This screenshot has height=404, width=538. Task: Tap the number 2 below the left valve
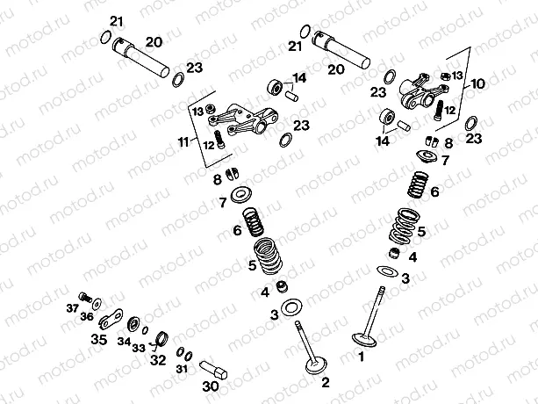(x=325, y=382)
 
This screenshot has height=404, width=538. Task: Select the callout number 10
(x=477, y=84)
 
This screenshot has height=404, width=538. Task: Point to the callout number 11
(x=183, y=141)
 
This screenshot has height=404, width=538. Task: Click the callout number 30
(x=210, y=386)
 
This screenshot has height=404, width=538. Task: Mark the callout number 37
(x=73, y=307)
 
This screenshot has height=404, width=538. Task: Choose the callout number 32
(x=156, y=359)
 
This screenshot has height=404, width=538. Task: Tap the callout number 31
(x=182, y=369)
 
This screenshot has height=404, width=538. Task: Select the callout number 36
(x=87, y=316)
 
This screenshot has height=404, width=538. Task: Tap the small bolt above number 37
(x=85, y=297)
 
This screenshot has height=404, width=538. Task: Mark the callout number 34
(x=125, y=341)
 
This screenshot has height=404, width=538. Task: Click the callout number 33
(x=138, y=347)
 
